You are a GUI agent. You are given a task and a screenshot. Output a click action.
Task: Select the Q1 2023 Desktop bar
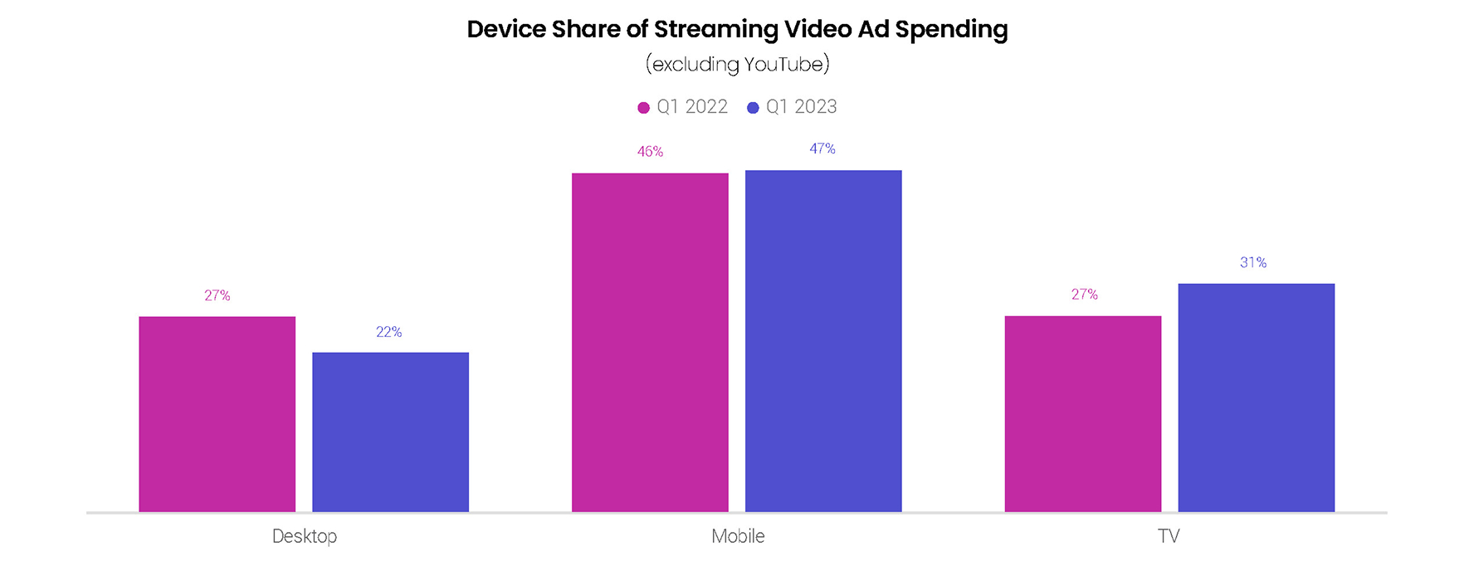point(390,432)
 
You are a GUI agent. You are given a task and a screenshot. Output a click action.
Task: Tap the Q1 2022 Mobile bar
point(650,342)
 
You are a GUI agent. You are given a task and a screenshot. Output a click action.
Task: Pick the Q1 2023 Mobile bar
point(823,340)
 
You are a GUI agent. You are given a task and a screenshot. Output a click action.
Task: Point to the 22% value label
point(388,332)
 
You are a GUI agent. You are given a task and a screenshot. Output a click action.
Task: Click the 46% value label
point(650,152)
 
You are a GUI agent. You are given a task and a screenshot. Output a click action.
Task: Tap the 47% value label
point(822,149)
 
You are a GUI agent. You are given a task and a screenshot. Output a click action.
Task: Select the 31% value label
point(1253,262)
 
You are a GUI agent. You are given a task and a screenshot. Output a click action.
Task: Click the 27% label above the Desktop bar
point(217,295)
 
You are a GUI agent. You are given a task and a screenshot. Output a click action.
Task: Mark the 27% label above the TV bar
point(1084,295)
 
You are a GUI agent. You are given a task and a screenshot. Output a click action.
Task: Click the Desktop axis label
point(305,536)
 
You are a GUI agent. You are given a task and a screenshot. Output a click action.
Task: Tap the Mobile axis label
point(738,536)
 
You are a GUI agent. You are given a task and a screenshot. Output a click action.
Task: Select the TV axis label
point(1169,536)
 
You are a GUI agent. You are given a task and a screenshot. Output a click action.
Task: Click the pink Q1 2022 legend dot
point(643,108)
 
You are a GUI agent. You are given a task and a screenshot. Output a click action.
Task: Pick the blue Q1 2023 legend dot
point(753,108)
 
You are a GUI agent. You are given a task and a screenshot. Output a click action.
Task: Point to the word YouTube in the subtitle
point(783,64)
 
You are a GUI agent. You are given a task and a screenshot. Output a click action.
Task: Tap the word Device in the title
point(506,29)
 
